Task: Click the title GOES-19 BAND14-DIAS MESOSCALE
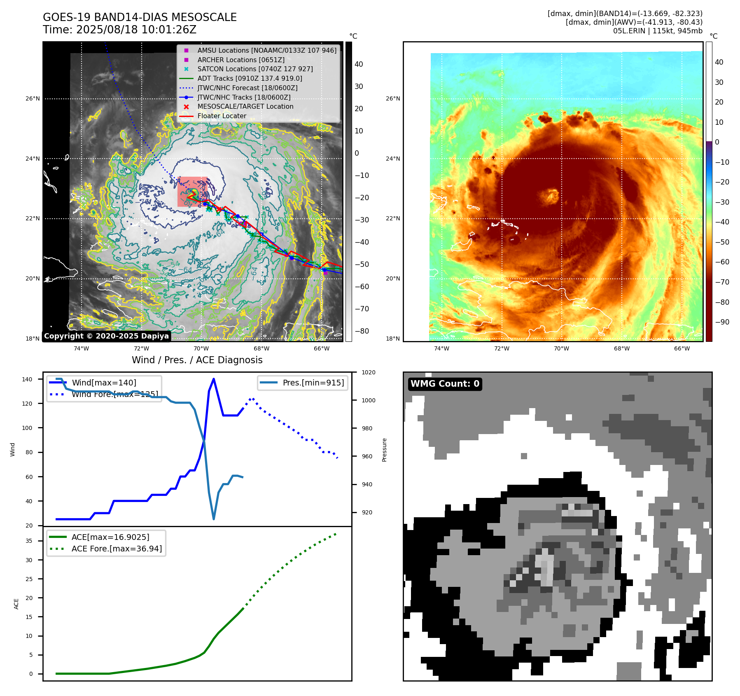coord(140,17)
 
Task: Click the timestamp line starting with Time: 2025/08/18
coord(119,30)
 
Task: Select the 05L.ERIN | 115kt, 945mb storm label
coord(658,31)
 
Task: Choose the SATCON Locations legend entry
coord(255,69)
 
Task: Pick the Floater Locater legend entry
coord(222,116)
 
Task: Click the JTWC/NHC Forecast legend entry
coord(247,88)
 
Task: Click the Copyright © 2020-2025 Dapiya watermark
coord(106,336)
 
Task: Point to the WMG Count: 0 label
coord(445,384)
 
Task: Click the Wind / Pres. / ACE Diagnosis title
coord(197,360)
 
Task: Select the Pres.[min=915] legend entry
coord(313,383)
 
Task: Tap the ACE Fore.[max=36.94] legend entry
coord(117,549)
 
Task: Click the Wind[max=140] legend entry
coord(104,383)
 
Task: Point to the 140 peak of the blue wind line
coord(213,379)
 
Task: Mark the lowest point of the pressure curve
coord(214,519)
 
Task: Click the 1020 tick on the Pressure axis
coord(368,372)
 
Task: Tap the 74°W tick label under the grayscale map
coord(81,348)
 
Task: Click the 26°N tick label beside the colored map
coord(392,98)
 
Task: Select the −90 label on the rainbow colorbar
coord(722,322)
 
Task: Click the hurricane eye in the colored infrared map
coord(551,196)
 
